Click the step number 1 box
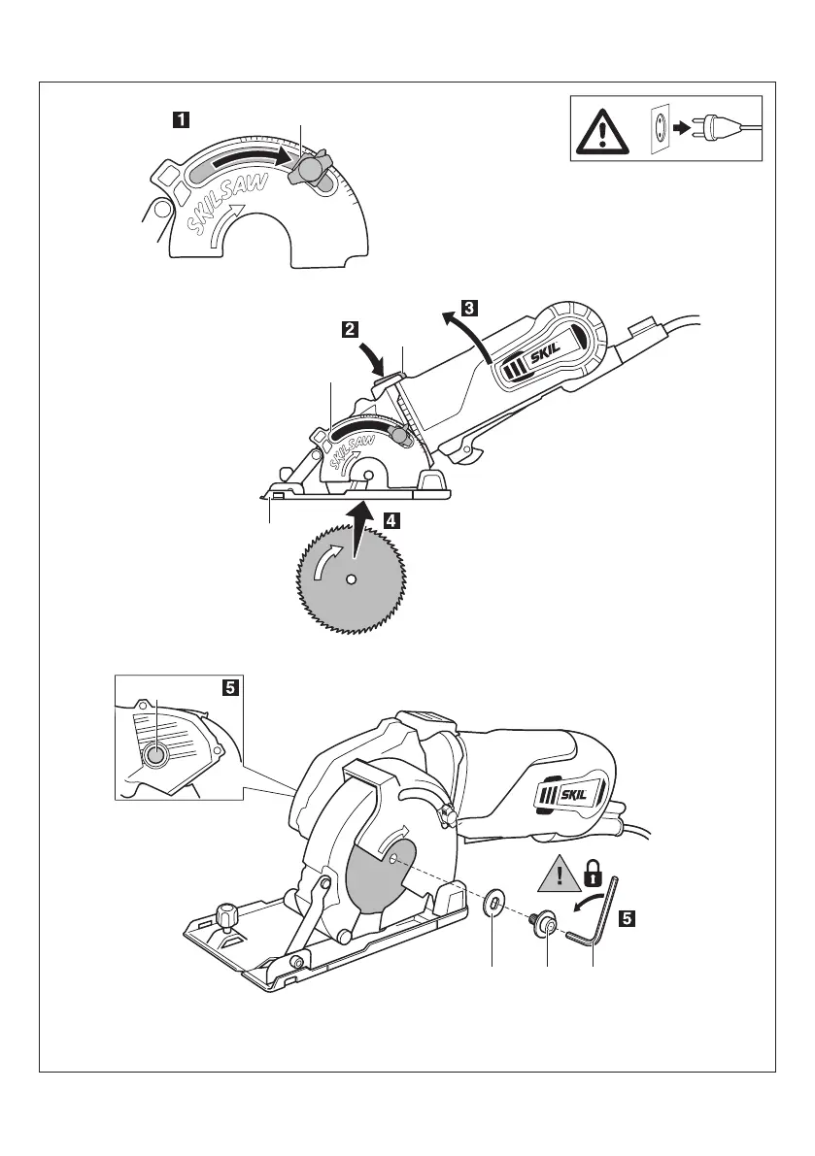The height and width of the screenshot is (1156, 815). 181,120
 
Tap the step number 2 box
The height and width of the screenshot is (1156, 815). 351,329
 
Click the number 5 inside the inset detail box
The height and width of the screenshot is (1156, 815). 229,688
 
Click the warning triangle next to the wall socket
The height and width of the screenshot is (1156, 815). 603,128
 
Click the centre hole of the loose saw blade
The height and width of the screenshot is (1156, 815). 352,579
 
